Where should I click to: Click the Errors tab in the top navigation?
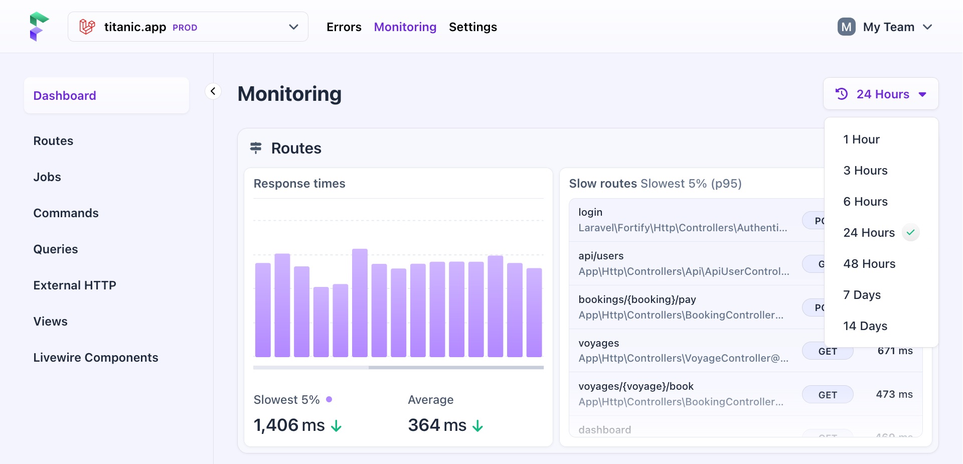click(344, 27)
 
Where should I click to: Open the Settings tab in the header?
click(472, 27)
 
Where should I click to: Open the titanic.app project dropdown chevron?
click(293, 27)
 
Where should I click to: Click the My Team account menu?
click(885, 27)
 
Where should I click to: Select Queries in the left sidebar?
click(56, 249)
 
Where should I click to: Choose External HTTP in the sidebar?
click(75, 285)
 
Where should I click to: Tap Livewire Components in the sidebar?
click(96, 358)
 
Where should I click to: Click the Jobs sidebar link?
click(47, 177)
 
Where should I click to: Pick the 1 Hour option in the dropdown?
click(861, 139)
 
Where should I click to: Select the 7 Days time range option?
click(862, 295)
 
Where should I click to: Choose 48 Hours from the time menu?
click(869, 264)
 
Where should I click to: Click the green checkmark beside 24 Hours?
click(910, 232)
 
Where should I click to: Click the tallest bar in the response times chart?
click(360, 302)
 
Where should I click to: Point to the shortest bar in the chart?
click(321, 322)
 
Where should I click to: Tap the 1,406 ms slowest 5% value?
click(289, 425)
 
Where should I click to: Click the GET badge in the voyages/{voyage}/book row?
click(827, 395)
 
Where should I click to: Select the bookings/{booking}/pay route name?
click(637, 299)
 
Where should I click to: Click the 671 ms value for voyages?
click(895, 351)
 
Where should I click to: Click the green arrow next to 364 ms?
click(477, 426)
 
